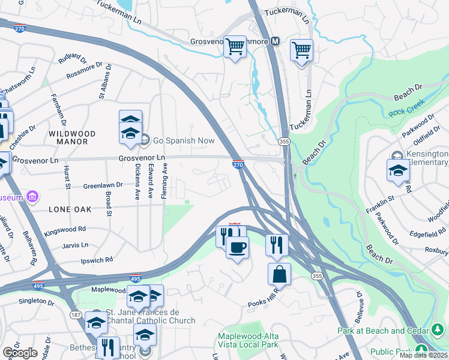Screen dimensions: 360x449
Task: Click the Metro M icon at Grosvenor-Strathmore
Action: pyautogui.click(x=276, y=41)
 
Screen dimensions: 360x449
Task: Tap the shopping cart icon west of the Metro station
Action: pyautogui.click(x=235, y=46)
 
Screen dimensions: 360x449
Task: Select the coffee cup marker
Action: pyautogui.click(x=237, y=247)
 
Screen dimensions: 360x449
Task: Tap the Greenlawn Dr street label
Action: pyautogui.click(x=103, y=186)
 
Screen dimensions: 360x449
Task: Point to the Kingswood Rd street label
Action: pyautogui.click(x=65, y=229)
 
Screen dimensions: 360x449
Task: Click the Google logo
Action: pyautogui.click(x=20, y=353)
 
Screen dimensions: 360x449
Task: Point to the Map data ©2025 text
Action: pyautogui.click(x=424, y=355)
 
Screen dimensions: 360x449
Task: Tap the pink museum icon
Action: pyautogui.click(x=32, y=197)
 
